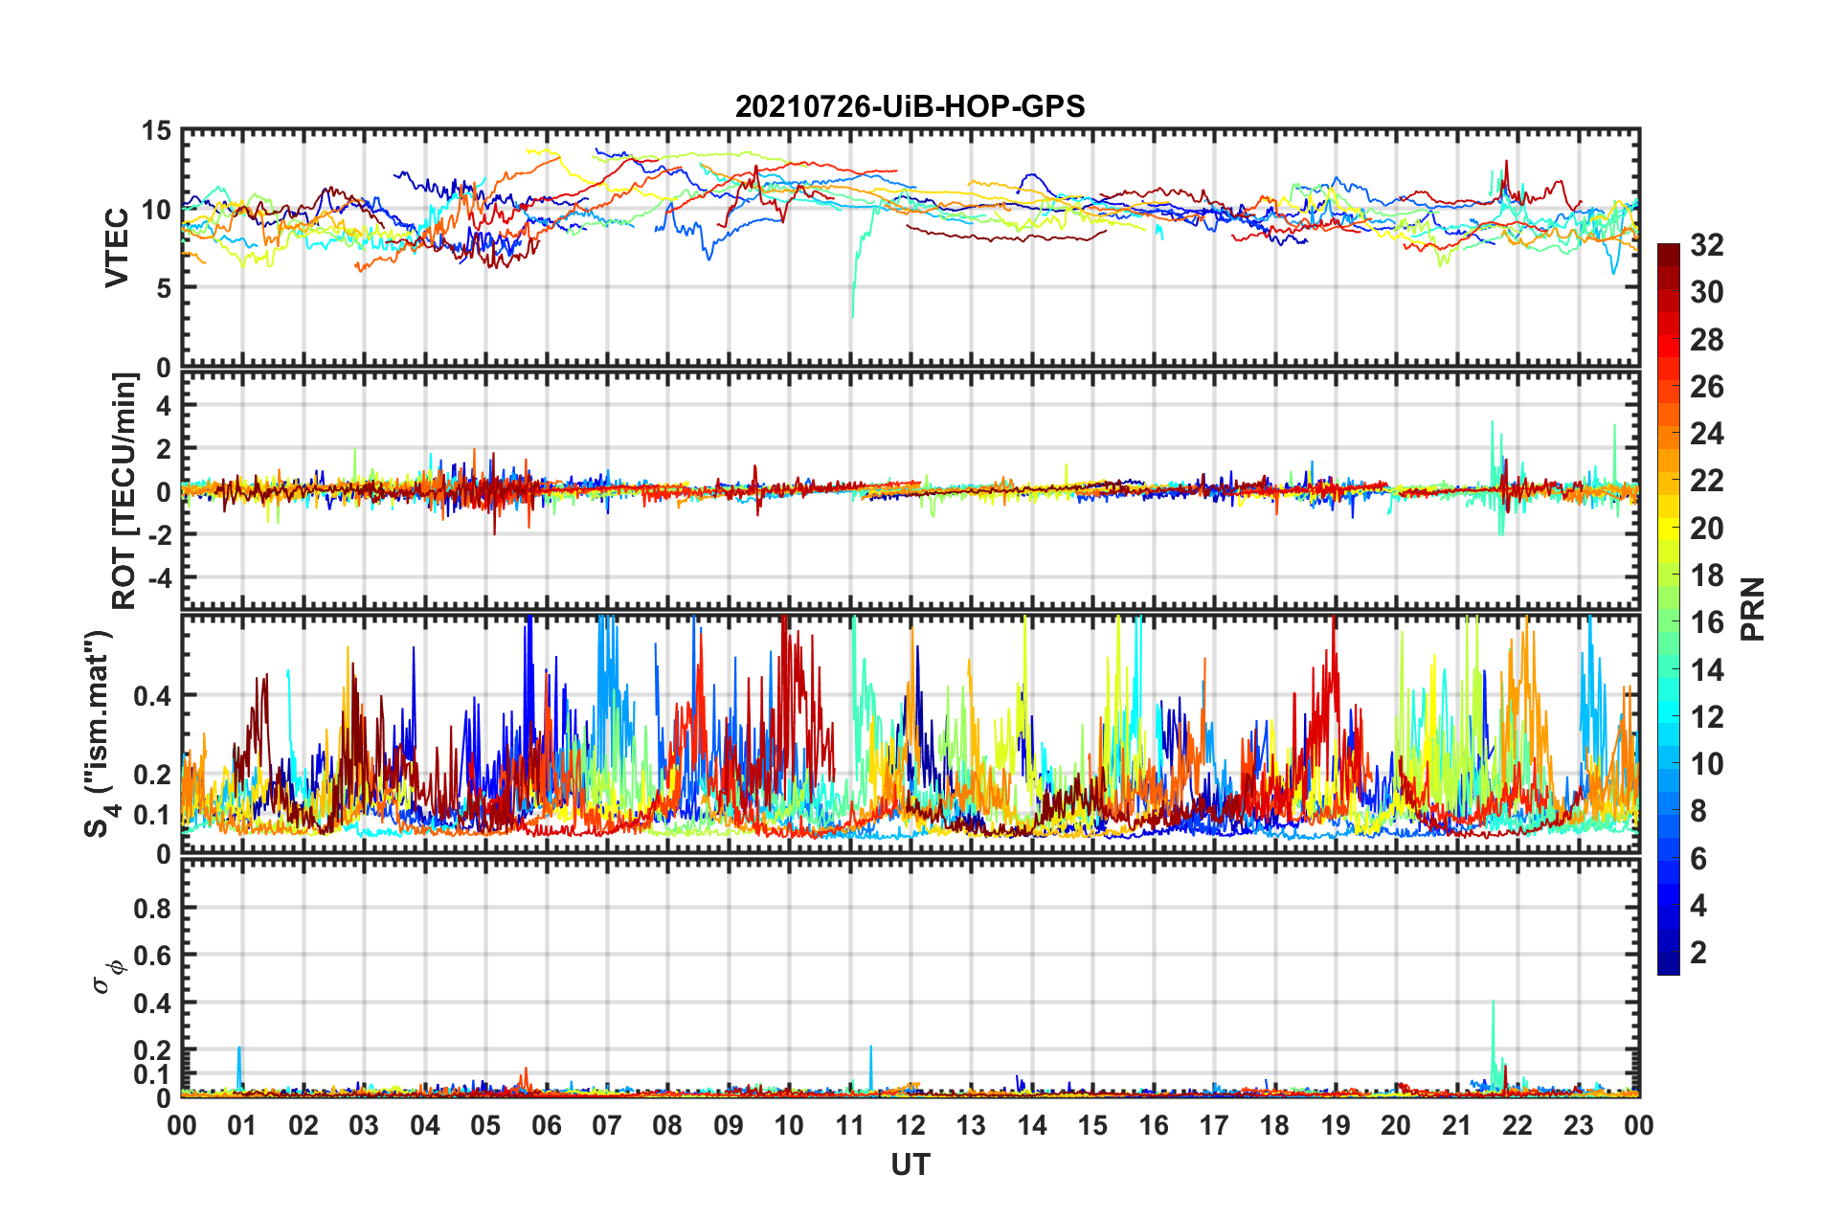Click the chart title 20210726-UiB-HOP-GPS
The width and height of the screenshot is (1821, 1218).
(910, 106)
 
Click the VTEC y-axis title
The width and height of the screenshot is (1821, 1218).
(116, 247)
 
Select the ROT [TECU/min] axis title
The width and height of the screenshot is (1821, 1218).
(124, 491)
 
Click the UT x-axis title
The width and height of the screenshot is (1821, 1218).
(910, 1164)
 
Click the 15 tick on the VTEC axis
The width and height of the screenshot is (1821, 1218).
(156, 131)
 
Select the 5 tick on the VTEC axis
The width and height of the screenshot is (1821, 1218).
(163, 288)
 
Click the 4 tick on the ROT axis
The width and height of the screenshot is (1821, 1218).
(163, 406)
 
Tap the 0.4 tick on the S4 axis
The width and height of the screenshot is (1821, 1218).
(152, 696)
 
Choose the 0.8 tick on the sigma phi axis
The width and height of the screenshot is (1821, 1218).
(152, 908)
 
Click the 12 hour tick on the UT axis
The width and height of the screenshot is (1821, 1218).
(910, 1125)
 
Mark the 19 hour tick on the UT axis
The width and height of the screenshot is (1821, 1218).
(1336, 1125)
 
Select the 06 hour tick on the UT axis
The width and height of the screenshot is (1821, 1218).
(546, 1125)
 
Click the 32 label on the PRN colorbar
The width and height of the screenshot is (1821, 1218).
(1706, 245)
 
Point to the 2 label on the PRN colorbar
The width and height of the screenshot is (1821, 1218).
(1698, 953)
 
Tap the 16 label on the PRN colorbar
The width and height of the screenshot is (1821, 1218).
(1706, 622)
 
